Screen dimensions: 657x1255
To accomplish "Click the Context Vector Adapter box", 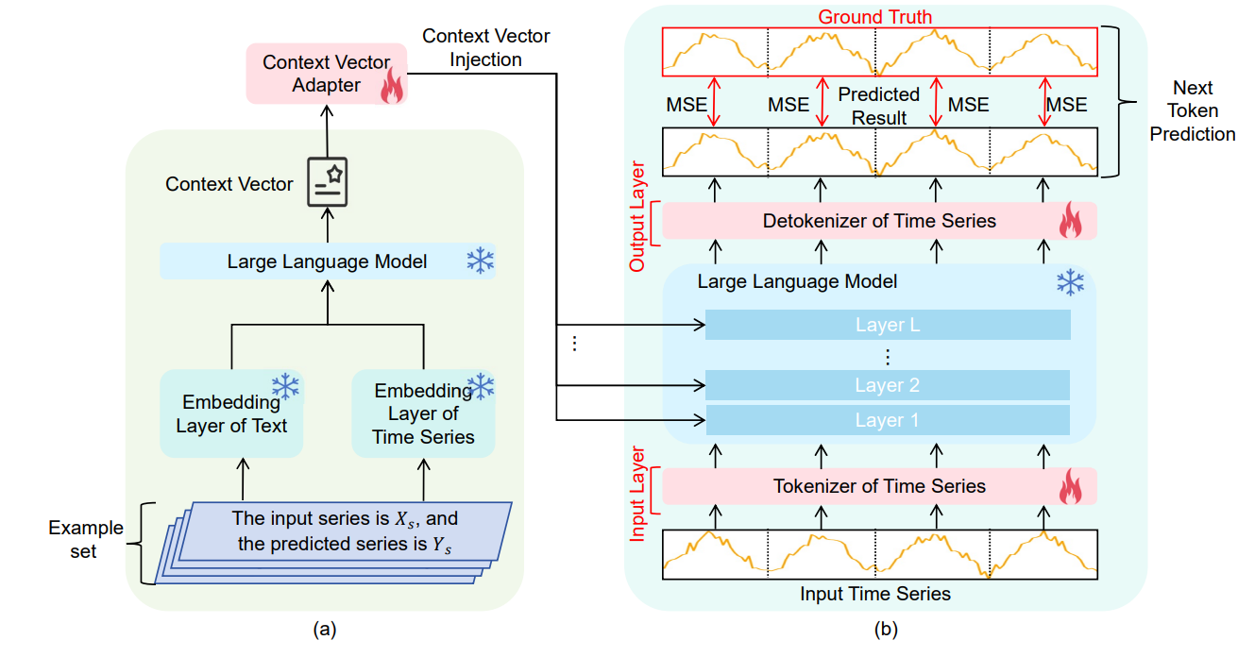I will pyautogui.click(x=326, y=74).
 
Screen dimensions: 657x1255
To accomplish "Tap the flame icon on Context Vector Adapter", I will pyautogui.click(x=391, y=89).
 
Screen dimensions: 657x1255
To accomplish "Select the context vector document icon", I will pyautogui.click(x=327, y=182).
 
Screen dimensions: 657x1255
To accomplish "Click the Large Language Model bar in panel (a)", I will pyautogui.click(x=328, y=261).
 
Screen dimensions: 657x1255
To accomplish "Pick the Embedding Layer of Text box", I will pyautogui.click(x=231, y=413).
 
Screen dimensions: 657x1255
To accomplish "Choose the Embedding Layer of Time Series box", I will pyautogui.click(x=423, y=413).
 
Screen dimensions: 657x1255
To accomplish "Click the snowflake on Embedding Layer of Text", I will pyautogui.click(x=285, y=385).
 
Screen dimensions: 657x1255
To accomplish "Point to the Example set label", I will pyautogui.click(x=86, y=539).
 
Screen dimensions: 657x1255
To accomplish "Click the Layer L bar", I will pyautogui.click(x=887, y=326).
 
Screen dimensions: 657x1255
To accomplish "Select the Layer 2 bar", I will pyautogui.click(x=887, y=385).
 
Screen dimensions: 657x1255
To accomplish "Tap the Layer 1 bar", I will pyautogui.click(x=887, y=420).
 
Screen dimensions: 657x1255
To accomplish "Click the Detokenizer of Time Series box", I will pyautogui.click(x=878, y=221).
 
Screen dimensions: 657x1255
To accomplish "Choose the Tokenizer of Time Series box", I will pyautogui.click(x=878, y=486).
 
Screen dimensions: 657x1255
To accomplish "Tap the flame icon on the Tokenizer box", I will pyautogui.click(x=1070, y=487).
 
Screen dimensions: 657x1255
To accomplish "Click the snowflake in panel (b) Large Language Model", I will pyautogui.click(x=1070, y=281).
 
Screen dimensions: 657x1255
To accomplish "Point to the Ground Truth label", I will pyautogui.click(x=874, y=17).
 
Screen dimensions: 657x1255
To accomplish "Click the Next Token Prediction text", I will pyautogui.click(x=1192, y=110).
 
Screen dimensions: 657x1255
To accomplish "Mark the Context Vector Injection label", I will pyautogui.click(x=485, y=47).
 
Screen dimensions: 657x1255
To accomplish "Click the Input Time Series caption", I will pyautogui.click(x=874, y=594).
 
